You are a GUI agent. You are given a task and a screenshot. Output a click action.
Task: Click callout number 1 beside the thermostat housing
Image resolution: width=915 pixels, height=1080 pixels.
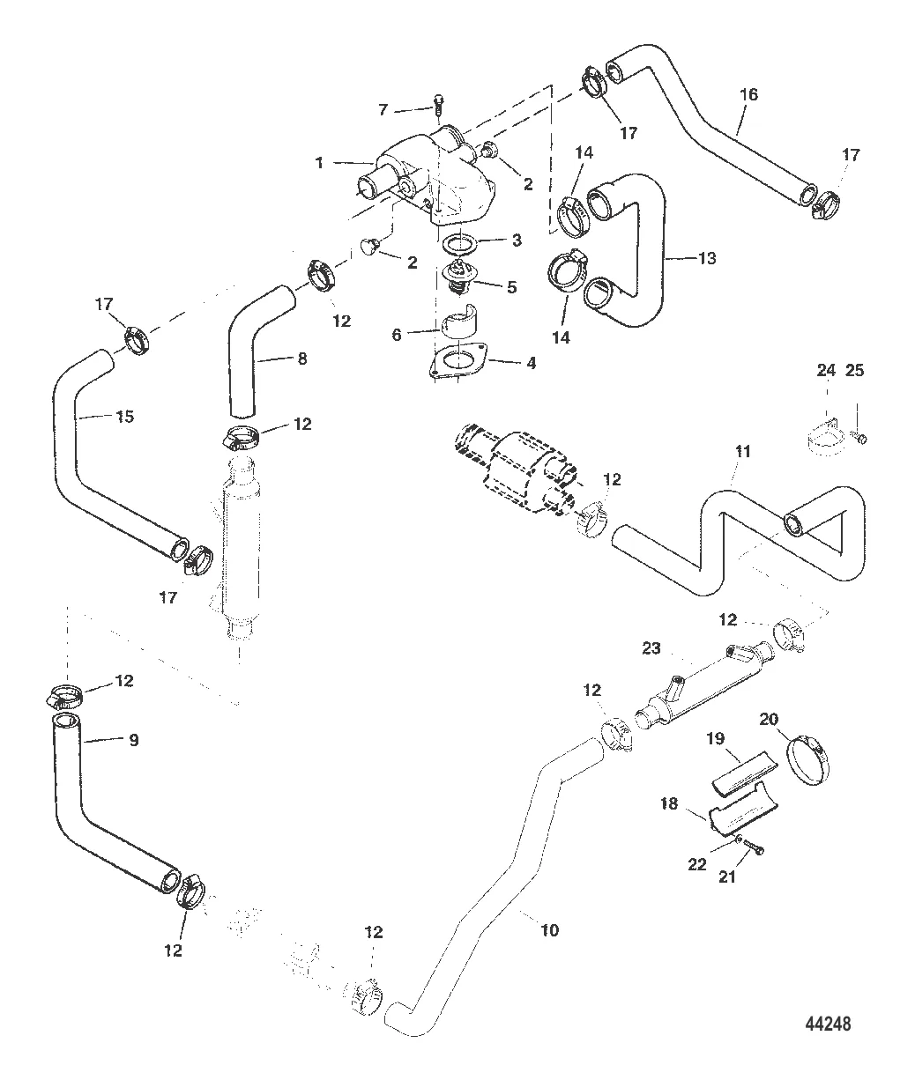319,162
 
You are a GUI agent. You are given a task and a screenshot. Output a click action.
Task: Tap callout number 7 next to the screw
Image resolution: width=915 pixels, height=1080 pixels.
383,109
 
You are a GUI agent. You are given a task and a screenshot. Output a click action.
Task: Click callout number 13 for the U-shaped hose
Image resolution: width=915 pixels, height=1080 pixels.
707,259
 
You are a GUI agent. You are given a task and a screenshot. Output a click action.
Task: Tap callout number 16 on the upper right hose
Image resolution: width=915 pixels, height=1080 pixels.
748,94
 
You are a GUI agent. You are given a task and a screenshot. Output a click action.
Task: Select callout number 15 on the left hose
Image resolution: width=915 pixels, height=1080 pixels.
125,416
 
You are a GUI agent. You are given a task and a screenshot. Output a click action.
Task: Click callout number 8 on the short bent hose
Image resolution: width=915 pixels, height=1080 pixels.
301,359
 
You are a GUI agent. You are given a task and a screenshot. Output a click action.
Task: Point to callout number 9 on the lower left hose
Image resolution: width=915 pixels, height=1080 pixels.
133,740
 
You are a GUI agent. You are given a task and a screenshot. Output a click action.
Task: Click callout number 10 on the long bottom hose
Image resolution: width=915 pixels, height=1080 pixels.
549,929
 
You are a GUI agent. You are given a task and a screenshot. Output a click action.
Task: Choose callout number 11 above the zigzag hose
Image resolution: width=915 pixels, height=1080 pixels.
742,451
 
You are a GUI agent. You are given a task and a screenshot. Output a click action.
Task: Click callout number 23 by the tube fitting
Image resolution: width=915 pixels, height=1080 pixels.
651,647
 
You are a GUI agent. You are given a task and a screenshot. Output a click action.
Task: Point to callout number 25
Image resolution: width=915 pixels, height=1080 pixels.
855,370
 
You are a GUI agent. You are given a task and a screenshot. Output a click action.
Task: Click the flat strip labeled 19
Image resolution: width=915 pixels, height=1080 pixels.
737,772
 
